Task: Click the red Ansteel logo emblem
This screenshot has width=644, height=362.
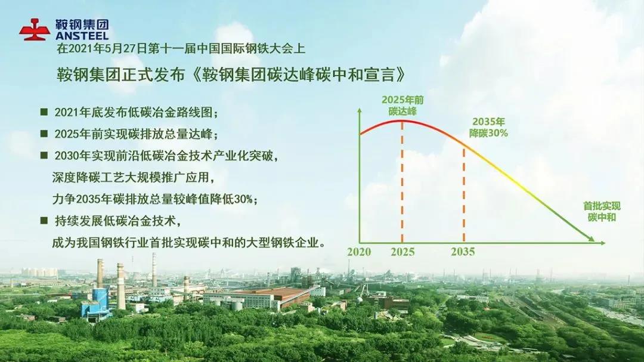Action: (35, 29)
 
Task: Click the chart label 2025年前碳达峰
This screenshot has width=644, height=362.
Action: (402, 106)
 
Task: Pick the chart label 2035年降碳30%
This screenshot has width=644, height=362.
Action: (488, 128)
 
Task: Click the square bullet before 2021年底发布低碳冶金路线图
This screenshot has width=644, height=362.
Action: (44, 112)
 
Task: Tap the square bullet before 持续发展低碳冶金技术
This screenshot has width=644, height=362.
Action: (44, 221)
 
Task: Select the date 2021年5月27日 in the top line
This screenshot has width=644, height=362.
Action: (106, 49)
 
